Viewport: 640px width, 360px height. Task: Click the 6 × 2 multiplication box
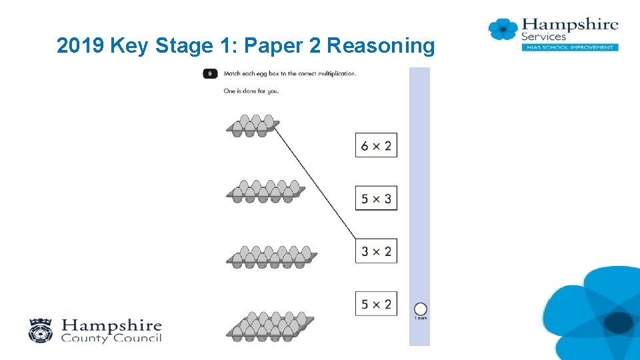(x=376, y=145)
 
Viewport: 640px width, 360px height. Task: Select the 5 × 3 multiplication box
(x=376, y=198)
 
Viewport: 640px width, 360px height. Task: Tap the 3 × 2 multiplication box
(x=376, y=251)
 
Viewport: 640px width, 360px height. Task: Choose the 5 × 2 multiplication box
(x=376, y=305)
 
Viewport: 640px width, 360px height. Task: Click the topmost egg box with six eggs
(x=252, y=126)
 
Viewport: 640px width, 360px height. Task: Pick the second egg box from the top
(x=265, y=191)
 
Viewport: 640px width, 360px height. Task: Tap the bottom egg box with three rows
(x=271, y=325)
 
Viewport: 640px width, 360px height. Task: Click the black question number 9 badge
(x=210, y=73)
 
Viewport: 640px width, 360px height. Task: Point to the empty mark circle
(x=420, y=309)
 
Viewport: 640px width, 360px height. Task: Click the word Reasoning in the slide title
(x=381, y=46)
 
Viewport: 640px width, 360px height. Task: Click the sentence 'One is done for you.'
(x=251, y=91)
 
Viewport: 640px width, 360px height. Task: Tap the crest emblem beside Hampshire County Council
(x=41, y=330)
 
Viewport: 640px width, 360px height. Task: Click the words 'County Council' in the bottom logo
(x=111, y=338)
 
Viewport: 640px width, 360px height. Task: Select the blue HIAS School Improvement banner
(x=569, y=47)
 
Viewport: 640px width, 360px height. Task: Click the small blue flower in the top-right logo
(x=503, y=29)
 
